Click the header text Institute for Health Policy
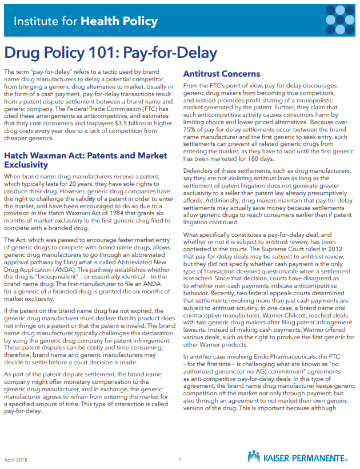[x=85, y=22]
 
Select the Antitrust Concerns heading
[x=221, y=74]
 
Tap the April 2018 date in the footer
[x=15, y=459]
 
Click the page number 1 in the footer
[x=180, y=459]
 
